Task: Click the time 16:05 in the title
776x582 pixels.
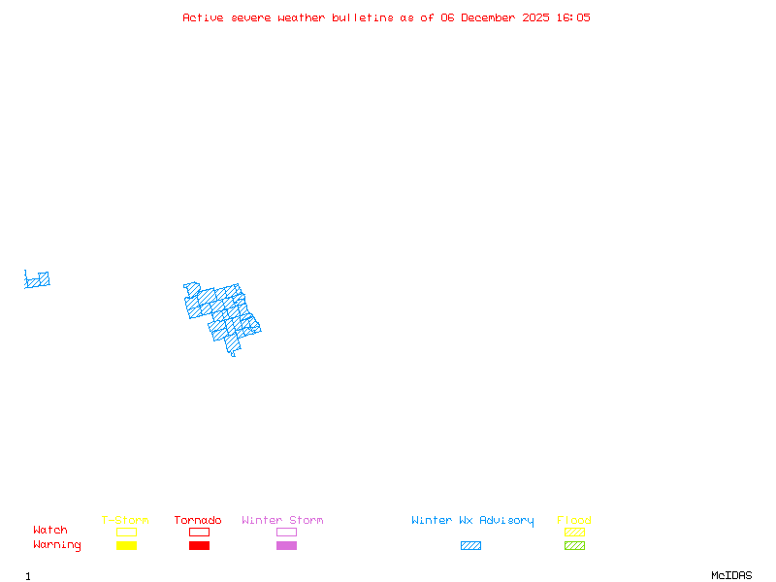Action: (x=572, y=17)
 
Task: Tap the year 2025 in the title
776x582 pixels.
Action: (x=535, y=17)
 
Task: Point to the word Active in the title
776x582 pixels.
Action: (x=203, y=17)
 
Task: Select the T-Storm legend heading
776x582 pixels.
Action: (x=125, y=520)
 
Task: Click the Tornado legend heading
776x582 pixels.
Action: (x=198, y=520)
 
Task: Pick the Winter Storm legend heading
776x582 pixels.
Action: (x=282, y=520)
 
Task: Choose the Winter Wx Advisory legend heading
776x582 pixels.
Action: (x=472, y=520)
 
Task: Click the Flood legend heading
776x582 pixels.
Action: (x=574, y=520)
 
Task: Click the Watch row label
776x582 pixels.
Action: (x=50, y=531)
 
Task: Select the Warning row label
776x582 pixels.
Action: (x=57, y=545)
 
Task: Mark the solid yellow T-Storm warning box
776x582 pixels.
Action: (x=126, y=545)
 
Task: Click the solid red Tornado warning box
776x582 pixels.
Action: (x=199, y=545)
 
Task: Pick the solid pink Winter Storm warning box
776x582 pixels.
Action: (x=286, y=545)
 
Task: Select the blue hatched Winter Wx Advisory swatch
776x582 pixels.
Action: (x=470, y=545)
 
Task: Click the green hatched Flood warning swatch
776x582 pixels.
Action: (x=574, y=545)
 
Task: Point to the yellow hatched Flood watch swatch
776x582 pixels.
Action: (x=574, y=532)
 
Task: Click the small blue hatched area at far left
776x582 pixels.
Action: (x=38, y=280)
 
